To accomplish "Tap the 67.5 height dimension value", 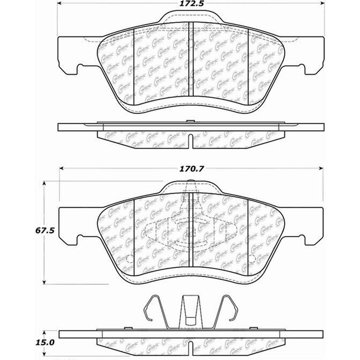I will point(21,232).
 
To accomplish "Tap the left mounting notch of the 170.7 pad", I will point(81,238).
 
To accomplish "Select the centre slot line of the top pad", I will point(192,64).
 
